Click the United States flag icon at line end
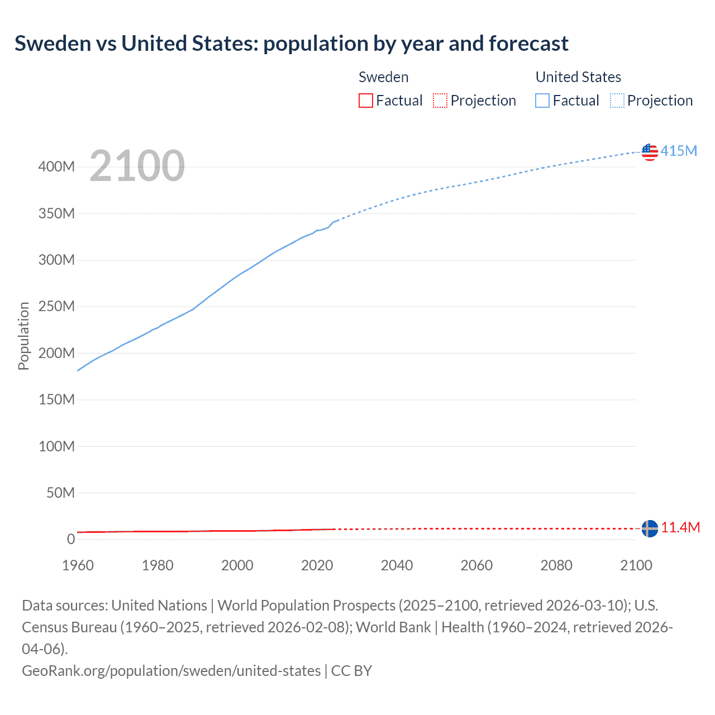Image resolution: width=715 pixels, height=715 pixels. [650, 151]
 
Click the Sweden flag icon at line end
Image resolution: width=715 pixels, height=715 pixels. [650, 528]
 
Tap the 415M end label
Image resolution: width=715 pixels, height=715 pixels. [679, 151]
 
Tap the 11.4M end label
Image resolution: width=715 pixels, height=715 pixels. [680, 527]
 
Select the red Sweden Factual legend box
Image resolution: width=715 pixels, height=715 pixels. [365, 101]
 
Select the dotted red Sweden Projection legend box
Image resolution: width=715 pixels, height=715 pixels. [440, 101]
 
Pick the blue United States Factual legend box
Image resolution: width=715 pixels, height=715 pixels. [542, 101]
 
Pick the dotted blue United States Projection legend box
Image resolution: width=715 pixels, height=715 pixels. [617, 101]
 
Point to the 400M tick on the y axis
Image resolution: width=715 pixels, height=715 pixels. [56, 166]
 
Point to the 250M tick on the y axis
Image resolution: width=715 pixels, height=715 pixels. [56, 306]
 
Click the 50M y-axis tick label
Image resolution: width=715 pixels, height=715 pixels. [60, 493]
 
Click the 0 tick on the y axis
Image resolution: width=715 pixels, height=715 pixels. [71, 539]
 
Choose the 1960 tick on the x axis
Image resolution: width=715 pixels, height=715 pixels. [78, 565]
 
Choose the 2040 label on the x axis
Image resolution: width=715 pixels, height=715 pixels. [397, 565]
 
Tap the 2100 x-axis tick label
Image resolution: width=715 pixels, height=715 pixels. [636, 565]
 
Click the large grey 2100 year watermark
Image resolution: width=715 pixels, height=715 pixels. [137, 166]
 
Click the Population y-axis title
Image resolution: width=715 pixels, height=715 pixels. [23, 336]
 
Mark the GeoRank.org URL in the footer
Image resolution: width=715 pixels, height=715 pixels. [171, 670]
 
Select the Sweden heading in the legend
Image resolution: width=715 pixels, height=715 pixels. [383, 77]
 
